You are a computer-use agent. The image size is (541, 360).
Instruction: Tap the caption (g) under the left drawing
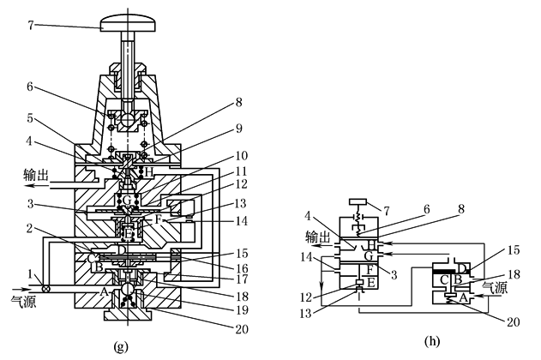[x=121, y=346]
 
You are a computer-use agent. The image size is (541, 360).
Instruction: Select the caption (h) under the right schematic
[x=432, y=341]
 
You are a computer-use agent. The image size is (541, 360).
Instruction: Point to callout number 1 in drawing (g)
[x=31, y=275]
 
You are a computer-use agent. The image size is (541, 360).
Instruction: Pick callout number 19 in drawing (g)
[x=242, y=310]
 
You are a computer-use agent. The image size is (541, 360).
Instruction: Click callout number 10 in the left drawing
[x=242, y=156]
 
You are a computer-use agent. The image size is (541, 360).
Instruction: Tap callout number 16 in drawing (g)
[x=242, y=268]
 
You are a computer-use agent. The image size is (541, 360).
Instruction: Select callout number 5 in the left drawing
[x=30, y=118]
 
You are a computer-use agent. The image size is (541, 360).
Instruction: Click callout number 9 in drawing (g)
[x=238, y=129]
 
